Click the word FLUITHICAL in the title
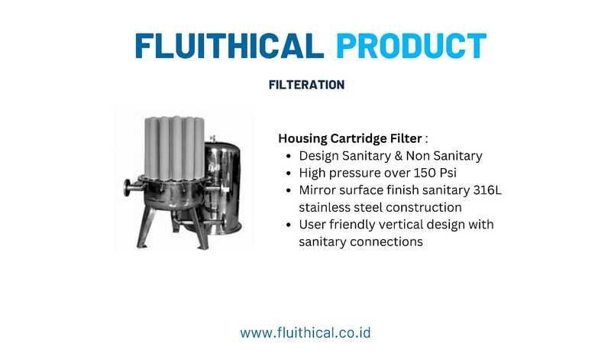coord(230,46)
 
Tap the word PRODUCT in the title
coord(412,46)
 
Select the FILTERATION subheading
coord(307,85)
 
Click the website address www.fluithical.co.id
coord(305,332)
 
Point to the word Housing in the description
coord(302,139)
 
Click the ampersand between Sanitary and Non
coord(398,156)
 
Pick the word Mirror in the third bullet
coord(317,190)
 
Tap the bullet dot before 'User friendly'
coord(289,225)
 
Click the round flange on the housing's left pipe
coord(127,189)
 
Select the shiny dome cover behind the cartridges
coord(223,187)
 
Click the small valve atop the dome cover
coord(213,139)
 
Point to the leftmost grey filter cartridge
coord(151,148)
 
